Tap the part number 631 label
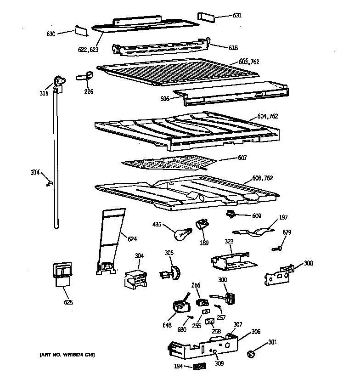tap(237, 16)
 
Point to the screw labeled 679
tap(277, 248)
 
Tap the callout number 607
tap(242, 158)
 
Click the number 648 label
tap(167, 326)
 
